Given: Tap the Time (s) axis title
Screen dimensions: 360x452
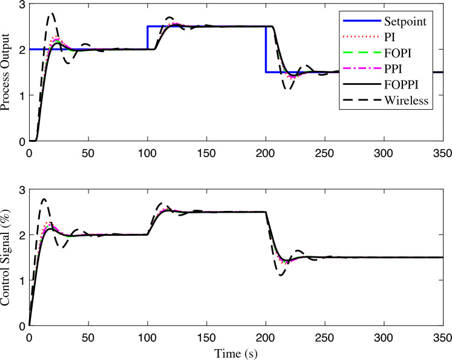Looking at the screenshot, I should point(236,352).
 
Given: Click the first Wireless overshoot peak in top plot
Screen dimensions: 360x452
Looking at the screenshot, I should point(52,13).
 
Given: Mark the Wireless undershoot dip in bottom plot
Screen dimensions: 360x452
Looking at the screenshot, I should point(282,275).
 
